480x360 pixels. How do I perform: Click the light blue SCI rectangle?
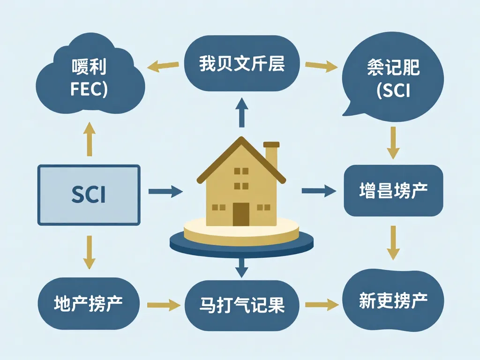pos(89,195)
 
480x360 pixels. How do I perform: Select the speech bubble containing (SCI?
pos(393,80)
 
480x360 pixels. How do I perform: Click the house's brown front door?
pos(241,214)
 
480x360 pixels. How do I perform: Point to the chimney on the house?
pos(271,155)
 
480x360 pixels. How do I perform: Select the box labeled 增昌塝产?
pos(393,191)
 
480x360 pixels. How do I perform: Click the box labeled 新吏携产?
pos(393,300)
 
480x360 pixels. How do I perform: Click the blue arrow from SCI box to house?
pos(165,191)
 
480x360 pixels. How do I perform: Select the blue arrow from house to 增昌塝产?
pos(319,191)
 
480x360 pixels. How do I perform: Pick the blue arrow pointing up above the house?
pos(241,112)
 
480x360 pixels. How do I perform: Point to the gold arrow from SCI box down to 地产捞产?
pos(89,252)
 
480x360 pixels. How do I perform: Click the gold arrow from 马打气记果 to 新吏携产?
pos(322,305)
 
